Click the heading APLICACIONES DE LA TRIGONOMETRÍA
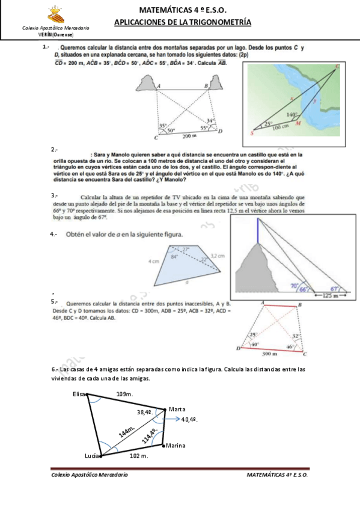pyautogui.click(x=182, y=22)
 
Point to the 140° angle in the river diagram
pyautogui.click(x=292, y=114)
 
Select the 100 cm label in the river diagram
pyautogui.click(x=281, y=127)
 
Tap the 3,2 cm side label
pyautogui.click(x=217, y=256)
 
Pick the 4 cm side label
pyautogui.click(x=153, y=262)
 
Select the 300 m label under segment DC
pyautogui.click(x=272, y=354)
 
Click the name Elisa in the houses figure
pyautogui.click(x=79, y=394)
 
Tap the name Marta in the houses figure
pyautogui.click(x=177, y=409)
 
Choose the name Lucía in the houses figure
pyautogui.click(x=92, y=456)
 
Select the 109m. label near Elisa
pyautogui.click(x=124, y=394)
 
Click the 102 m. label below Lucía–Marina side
pyautogui.click(x=139, y=456)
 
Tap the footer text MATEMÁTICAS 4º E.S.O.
pyautogui.click(x=277, y=475)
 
